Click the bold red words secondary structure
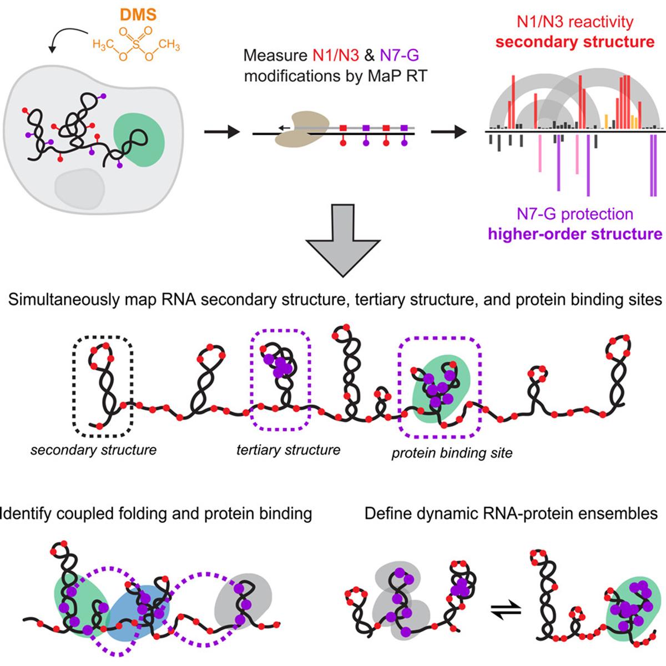pyautogui.click(x=574, y=42)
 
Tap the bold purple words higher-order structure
pyautogui.click(x=574, y=234)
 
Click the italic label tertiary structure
pyautogui.click(x=288, y=450)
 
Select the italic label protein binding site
pyautogui.click(x=452, y=453)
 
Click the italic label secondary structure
pyautogui.click(x=93, y=450)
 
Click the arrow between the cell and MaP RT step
pyautogui.click(x=220, y=132)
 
